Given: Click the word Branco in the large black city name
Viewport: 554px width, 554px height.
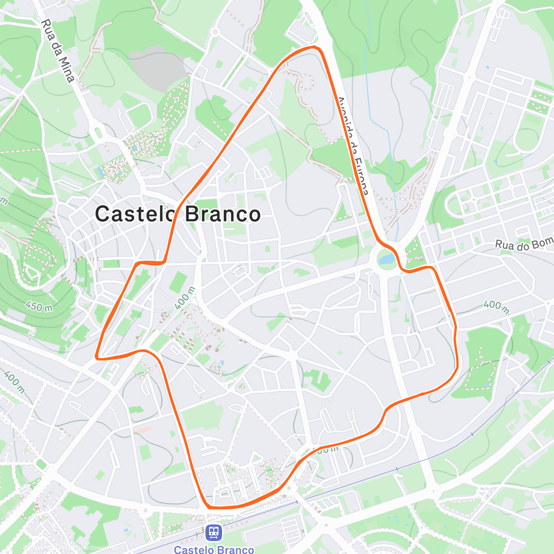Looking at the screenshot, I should [x=223, y=214].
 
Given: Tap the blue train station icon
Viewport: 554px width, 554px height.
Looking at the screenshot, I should [x=213, y=533].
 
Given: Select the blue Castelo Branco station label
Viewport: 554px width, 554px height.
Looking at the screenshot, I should [x=214, y=549].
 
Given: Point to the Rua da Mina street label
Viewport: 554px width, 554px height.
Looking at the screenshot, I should [x=57, y=51].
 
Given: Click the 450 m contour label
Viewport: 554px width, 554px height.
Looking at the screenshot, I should [x=39, y=306].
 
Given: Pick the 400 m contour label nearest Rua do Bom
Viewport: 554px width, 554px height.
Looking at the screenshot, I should [x=496, y=306].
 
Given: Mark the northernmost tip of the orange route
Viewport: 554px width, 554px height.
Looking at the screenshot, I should [x=314, y=47].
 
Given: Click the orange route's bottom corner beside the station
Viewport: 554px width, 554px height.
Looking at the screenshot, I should [x=209, y=507].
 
